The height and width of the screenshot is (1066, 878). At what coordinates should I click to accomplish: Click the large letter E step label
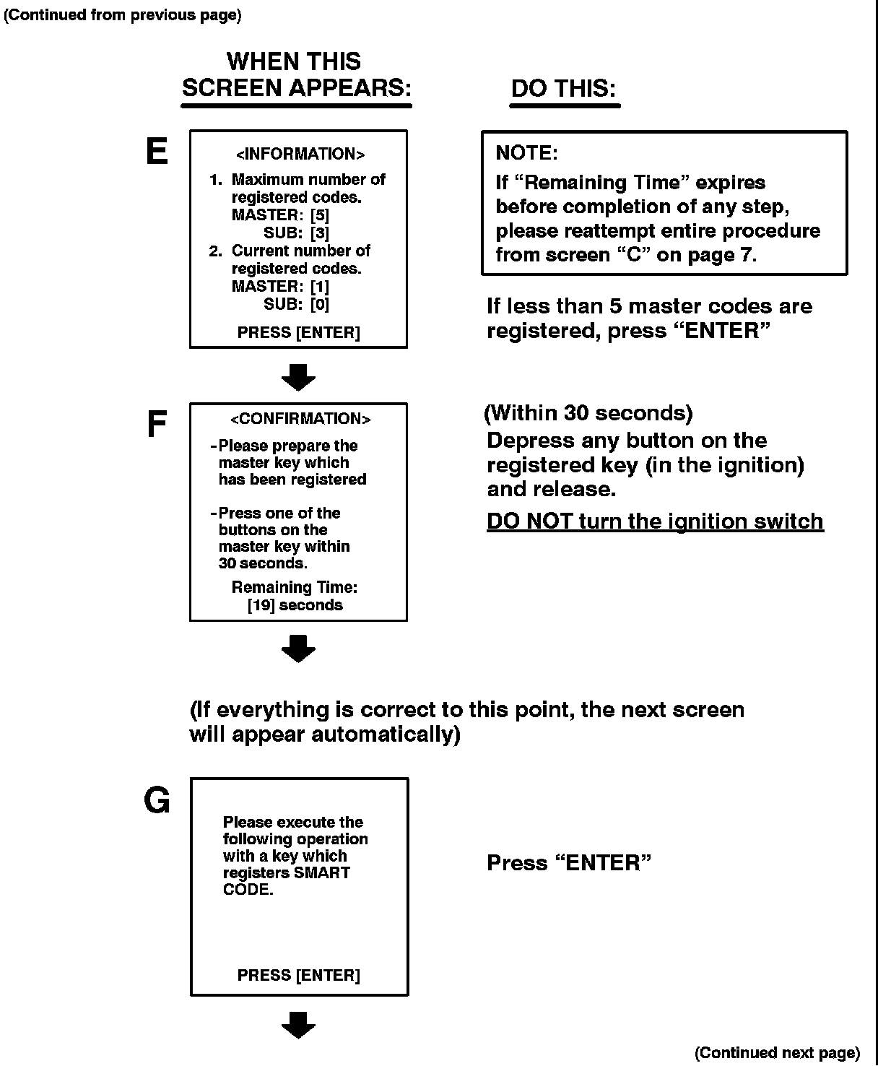click(157, 152)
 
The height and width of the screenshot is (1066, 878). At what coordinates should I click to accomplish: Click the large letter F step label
click(157, 425)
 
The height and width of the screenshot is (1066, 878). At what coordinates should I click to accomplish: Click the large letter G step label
click(157, 800)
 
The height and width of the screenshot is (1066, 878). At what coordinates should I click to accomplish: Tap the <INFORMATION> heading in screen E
click(300, 154)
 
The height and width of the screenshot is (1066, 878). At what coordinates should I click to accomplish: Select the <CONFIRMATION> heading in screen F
click(300, 419)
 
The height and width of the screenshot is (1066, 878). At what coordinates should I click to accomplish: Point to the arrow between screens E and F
click(298, 377)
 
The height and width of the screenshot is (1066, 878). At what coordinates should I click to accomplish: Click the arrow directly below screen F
click(298, 649)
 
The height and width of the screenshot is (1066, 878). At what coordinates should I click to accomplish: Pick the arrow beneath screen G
click(298, 1025)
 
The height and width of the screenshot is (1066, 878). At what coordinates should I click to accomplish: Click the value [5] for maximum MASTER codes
click(320, 215)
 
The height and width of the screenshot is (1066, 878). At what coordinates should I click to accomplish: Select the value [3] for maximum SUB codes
click(320, 233)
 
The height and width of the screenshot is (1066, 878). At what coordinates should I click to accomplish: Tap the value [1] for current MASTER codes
click(320, 287)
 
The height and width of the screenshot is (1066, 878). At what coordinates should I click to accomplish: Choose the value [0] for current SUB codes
click(320, 305)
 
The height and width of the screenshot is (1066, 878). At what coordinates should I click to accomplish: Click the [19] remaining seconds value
click(261, 605)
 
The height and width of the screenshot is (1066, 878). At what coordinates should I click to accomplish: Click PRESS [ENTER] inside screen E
click(298, 333)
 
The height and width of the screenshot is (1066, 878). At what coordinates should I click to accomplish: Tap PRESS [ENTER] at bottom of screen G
click(298, 976)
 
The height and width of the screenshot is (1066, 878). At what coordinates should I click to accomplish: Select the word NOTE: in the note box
click(527, 153)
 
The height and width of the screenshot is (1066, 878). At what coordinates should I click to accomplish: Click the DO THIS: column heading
click(564, 89)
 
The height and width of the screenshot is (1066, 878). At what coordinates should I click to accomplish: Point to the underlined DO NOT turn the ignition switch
click(655, 521)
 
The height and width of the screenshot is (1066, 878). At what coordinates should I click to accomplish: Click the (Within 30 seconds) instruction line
click(588, 413)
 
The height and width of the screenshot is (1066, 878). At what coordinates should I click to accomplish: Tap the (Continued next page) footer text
click(777, 1053)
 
